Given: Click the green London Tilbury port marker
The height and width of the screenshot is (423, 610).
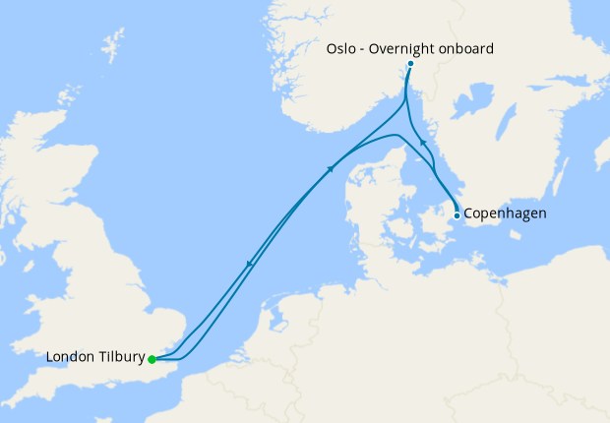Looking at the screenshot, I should point(152,359).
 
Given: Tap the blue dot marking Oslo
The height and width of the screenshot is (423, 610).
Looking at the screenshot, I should point(410,65).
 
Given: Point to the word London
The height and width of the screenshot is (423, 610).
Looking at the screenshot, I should point(69,357).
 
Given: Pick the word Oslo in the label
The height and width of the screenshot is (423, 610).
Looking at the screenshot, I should point(340,46).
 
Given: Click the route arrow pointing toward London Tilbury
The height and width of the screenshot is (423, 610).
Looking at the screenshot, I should point(251,263).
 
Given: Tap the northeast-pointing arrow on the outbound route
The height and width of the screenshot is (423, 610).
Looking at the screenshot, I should point(330,168).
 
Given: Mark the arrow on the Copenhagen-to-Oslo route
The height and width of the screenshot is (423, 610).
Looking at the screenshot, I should point(424,144).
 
